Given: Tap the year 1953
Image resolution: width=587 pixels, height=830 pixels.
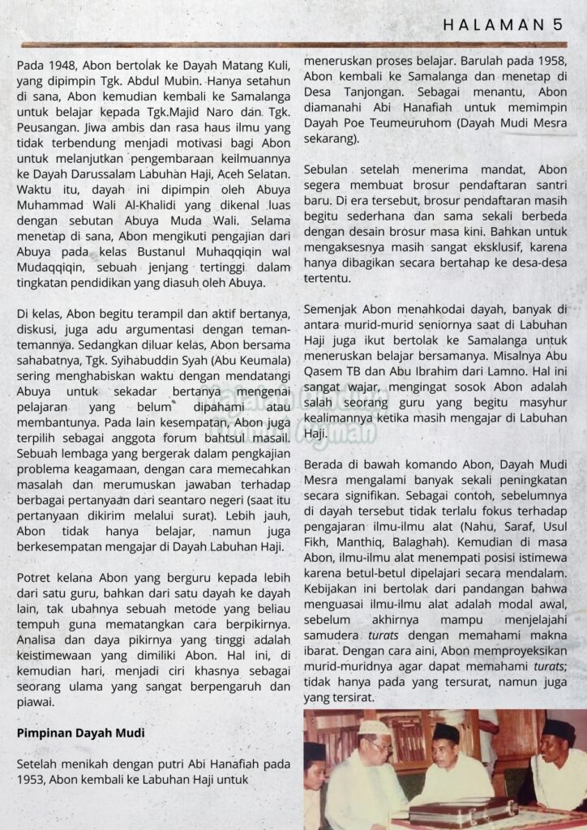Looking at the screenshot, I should (33, 779).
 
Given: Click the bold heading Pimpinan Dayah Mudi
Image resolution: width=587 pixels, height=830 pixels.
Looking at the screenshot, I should (80, 734).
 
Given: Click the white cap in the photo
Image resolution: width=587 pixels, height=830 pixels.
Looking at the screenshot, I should (374, 727).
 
